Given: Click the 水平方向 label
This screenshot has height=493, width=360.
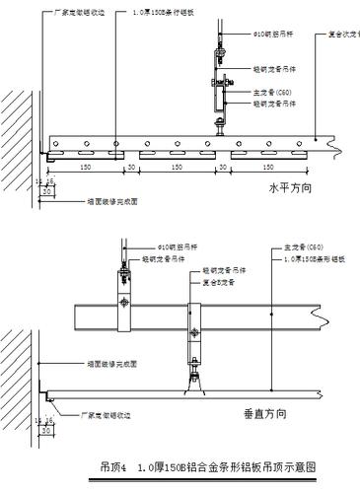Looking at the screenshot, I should click(290, 185).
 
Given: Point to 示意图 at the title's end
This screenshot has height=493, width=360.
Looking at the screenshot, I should click(302, 466).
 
